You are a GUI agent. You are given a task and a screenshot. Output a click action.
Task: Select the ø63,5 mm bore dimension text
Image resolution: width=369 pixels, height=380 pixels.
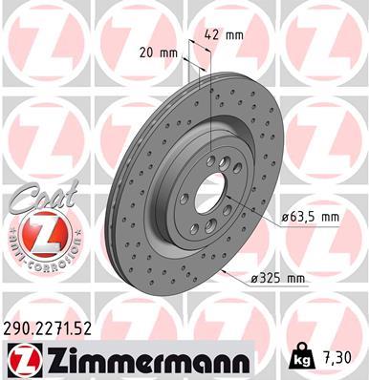312,218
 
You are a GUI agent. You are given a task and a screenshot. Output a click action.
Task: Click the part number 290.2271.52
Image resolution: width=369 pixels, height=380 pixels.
54,327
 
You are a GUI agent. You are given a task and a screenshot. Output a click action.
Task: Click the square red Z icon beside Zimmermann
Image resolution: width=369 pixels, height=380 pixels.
20,361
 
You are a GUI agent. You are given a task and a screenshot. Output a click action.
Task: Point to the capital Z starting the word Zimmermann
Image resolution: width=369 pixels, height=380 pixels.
49,361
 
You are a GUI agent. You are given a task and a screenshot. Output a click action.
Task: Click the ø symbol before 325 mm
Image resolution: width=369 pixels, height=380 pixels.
256,279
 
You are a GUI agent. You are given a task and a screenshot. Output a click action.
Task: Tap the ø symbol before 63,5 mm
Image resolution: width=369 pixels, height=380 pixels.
287,218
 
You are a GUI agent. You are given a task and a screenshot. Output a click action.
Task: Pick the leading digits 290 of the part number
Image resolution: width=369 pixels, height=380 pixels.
21,327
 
